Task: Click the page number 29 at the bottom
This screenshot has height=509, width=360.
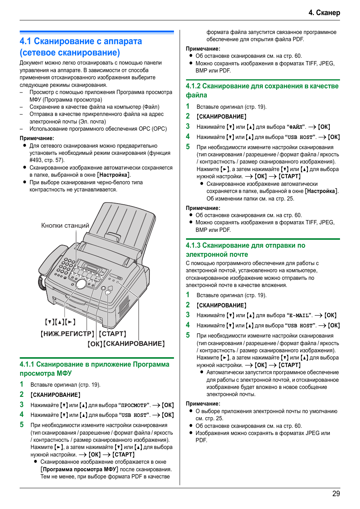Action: click(336, 494)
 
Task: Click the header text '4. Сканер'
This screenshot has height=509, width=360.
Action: click(324, 12)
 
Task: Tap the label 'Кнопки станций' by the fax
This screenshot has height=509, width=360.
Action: click(65, 225)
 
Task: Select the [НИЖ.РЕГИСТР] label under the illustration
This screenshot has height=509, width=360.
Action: click(67, 334)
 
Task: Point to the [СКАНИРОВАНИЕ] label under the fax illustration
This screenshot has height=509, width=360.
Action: click(134, 344)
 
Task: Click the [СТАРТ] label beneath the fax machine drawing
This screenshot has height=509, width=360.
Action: click(112, 334)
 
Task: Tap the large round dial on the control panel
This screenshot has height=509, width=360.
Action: click(81, 284)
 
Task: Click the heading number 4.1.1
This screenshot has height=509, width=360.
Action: click(27, 364)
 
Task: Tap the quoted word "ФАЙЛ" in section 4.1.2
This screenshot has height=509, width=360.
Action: click(296, 127)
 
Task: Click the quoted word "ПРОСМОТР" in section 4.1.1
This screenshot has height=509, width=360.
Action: click(134, 406)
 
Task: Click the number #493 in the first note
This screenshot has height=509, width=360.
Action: click(36, 160)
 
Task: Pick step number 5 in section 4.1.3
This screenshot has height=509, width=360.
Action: click(188, 335)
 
